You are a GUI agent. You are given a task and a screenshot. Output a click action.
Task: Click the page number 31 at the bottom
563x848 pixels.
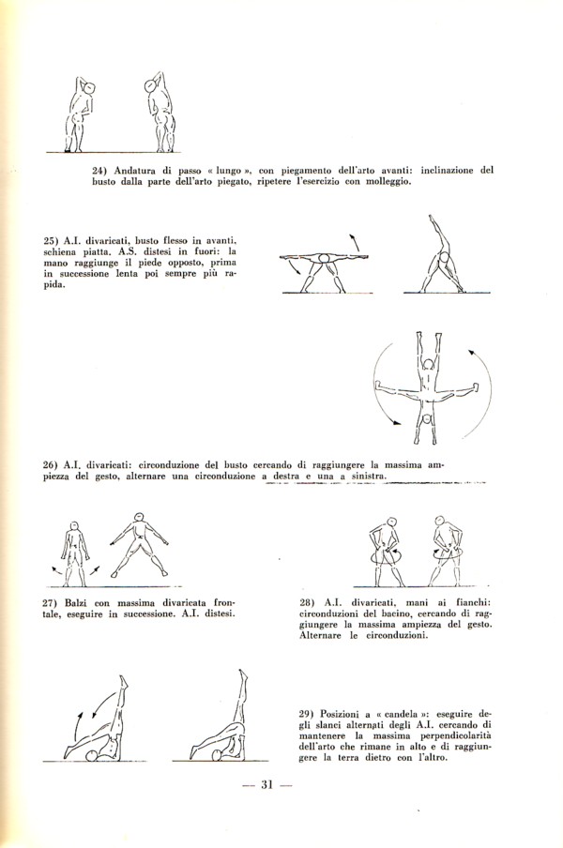(x=266, y=785)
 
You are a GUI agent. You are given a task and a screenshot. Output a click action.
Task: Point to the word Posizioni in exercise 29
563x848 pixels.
(x=339, y=713)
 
